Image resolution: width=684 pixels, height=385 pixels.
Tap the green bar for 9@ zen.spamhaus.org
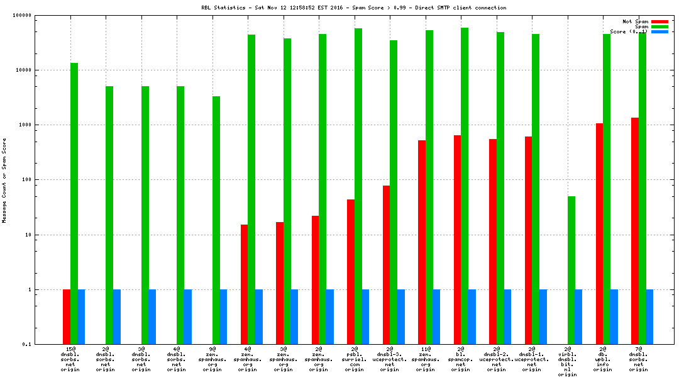coord(216,220)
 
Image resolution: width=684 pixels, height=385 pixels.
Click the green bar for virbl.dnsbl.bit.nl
coord(571,270)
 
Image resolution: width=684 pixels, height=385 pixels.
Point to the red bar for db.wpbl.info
coord(599,233)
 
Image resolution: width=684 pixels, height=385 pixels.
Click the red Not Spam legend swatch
coord(659,21)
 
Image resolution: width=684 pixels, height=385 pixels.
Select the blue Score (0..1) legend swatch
coord(659,31)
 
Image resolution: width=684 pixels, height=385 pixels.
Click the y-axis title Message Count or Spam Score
coord(4,181)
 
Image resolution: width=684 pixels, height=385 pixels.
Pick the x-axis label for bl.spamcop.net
coord(461,359)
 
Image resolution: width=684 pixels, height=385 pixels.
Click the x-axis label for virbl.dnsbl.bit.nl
coord(568,361)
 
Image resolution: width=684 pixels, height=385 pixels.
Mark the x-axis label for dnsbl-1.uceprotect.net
coord(532,359)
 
